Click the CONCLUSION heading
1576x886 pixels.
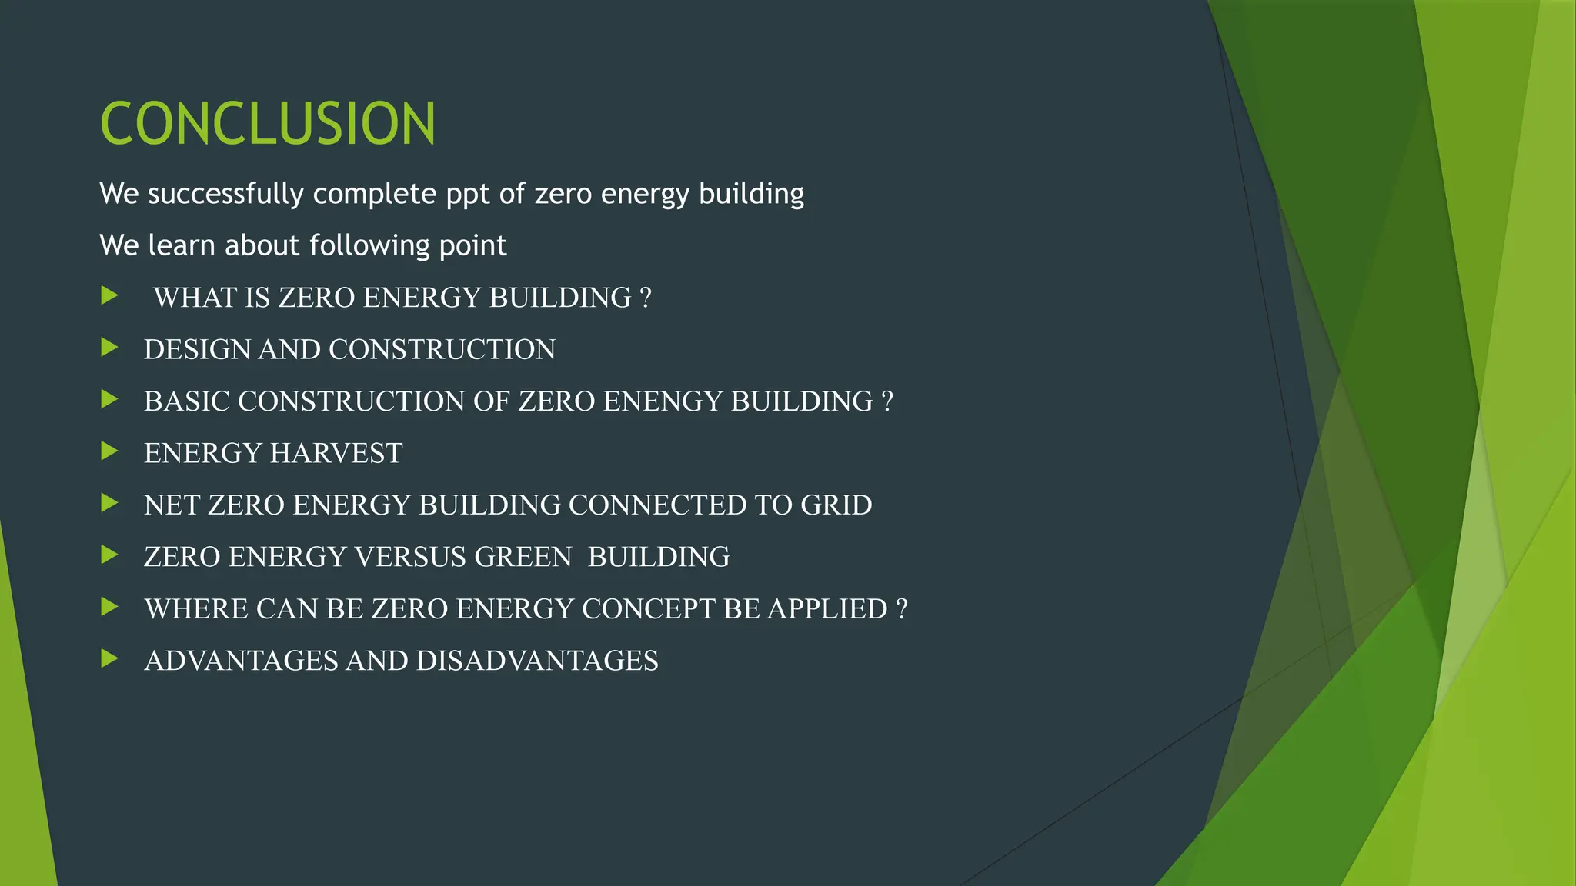coord(268,123)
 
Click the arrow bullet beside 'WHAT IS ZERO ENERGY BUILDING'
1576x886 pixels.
coord(109,295)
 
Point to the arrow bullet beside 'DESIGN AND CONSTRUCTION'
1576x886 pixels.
coord(109,348)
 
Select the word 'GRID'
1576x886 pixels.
coord(836,505)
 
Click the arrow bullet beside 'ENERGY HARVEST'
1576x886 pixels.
coord(109,451)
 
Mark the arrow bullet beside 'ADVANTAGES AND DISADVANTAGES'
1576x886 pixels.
coord(109,658)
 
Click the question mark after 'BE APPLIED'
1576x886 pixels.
coord(902,609)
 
